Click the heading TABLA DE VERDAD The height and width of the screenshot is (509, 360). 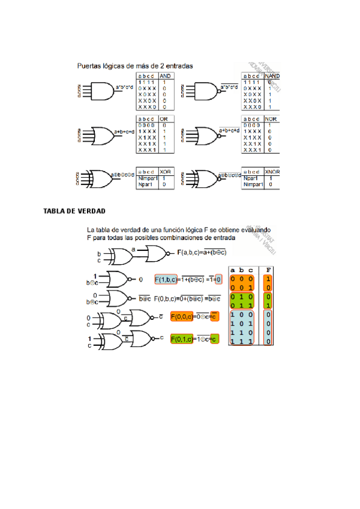pyautogui.click(x=74, y=211)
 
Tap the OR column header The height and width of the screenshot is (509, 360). pyautogui.click(x=164, y=119)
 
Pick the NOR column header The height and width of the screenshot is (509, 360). pyautogui.click(x=271, y=119)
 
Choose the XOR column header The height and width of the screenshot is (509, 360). pyautogui.click(x=165, y=172)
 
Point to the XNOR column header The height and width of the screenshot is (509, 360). pyautogui.click(x=272, y=172)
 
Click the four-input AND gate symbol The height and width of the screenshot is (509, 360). pyautogui.click(x=101, y=91)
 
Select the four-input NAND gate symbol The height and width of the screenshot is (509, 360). pyautogui.click(x=206, y=91)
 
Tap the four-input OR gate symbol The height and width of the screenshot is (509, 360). pyautogui.click(x=101, y=135)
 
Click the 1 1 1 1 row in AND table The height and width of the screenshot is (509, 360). pyautogui.click(x=146, y=82)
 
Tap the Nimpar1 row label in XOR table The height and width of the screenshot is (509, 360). pyautogui.click(x=147, y=178)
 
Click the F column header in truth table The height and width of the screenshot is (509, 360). pyautogui.click(x=268, y=270)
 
